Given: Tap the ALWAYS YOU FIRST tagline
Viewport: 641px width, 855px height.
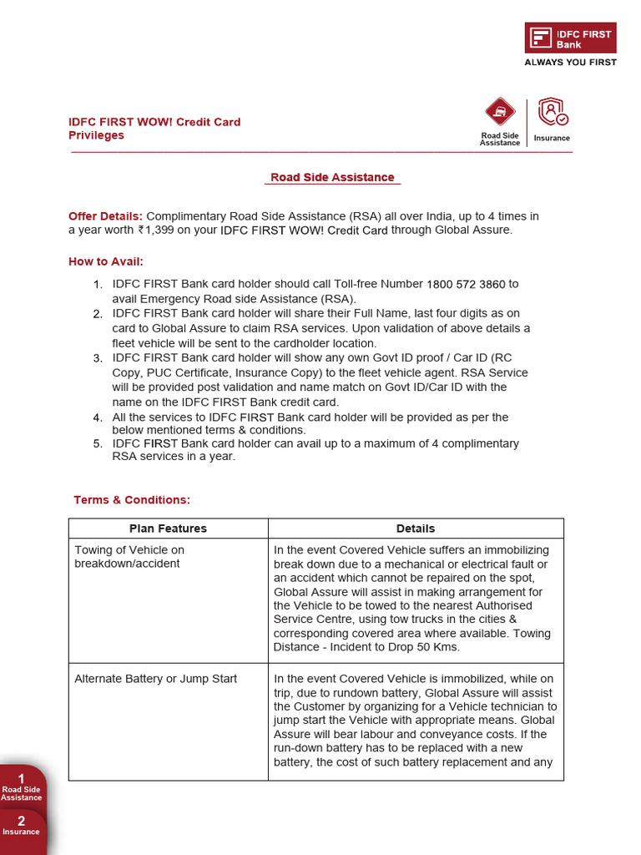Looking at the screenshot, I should [570, 63].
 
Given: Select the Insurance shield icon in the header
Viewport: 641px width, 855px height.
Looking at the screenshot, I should [552, 113].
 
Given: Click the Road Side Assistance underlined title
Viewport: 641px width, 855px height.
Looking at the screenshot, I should [332, 178].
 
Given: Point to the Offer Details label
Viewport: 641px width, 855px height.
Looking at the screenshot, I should [105, 216].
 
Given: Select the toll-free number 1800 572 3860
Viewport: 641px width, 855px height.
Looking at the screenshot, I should [466, 284].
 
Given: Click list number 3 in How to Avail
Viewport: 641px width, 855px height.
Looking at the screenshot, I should [98, 358].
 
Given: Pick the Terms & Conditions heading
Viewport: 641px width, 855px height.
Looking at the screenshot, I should [132, 500].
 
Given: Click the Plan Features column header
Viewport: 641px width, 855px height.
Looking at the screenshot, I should [168, 529].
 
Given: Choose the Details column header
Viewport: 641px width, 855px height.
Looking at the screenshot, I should [416, 529].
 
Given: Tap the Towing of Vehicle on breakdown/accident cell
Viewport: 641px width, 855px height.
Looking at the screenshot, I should [129, 557].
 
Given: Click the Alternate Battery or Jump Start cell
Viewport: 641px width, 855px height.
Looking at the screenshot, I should [156, 679].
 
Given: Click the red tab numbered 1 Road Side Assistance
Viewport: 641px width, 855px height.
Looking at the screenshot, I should [22, 787].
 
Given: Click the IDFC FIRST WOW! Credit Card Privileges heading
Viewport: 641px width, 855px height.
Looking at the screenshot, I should [154, 129].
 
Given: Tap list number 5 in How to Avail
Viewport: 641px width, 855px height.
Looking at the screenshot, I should [98, 443].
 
